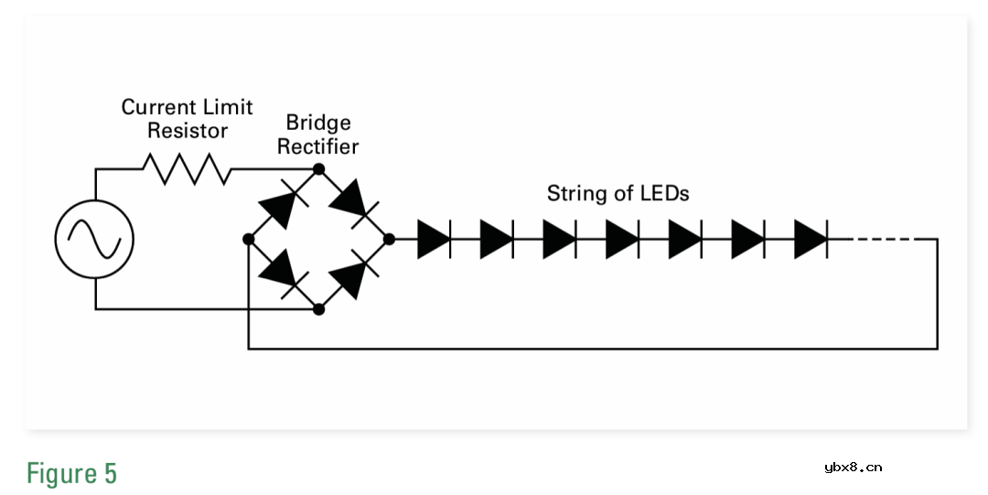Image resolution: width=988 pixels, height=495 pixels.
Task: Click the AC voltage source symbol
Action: [95, 240]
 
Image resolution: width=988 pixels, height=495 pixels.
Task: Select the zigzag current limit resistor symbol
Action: [187, 169]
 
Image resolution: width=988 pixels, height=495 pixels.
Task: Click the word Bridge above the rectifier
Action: [318, 123]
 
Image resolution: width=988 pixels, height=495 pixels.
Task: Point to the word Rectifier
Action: [318, 146]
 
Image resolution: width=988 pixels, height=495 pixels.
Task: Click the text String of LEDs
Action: [617, 194]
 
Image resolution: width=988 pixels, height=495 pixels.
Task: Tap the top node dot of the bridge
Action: [318, 169]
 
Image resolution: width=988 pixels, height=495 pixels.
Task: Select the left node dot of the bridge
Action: [248, 239]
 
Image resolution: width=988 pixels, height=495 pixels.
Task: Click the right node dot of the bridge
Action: [389, 239]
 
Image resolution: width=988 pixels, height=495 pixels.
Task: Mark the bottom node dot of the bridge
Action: [318, 309]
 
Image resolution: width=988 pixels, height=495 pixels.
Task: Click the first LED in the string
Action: [434, 239]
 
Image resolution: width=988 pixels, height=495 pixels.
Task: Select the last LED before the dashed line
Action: [811, 239]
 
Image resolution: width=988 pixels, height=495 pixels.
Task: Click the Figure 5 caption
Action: [71, 474]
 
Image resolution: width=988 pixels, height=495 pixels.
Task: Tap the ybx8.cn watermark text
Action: [853, 468]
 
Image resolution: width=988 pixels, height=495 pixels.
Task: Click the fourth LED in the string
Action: [622, 239]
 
